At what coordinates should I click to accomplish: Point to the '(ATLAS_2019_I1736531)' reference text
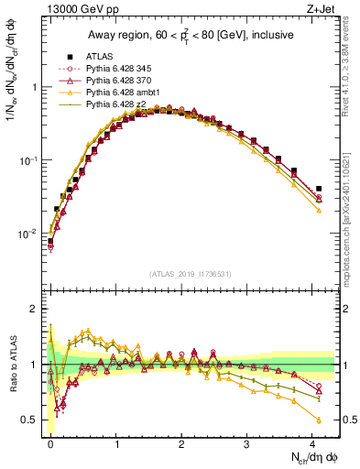(190, 274)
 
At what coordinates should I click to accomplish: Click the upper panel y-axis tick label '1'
(35, 88)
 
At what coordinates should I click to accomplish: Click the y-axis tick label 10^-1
(29, 160)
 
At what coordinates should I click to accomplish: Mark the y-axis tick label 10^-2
(29, 234)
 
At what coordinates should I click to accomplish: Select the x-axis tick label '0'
(50, 443)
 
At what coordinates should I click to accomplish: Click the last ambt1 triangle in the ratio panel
(318, 420)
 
